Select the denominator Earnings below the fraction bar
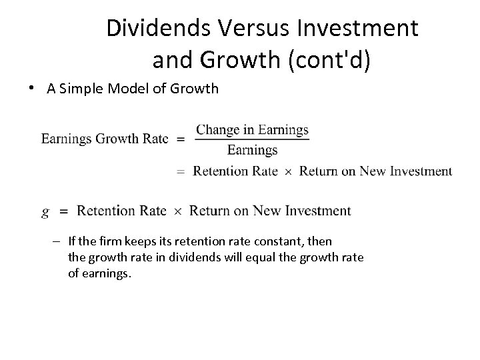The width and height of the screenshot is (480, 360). (x=252, y=149)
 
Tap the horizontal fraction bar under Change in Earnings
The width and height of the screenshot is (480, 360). (x=252, y=139)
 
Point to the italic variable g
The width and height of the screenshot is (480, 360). (x=45, y=212)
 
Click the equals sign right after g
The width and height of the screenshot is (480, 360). (x=63, y=211)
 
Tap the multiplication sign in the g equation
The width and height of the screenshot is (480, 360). (x=177, y=212)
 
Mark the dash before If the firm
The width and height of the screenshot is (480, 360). (x=59, y=240)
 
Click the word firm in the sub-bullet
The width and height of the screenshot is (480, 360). (x=109, y=241)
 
